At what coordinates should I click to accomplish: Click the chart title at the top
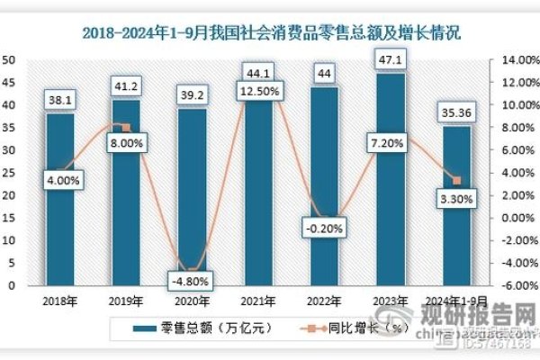271,33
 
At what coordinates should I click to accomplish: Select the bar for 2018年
60,207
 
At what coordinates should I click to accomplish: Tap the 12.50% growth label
258,91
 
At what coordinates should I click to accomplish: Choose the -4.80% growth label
191,279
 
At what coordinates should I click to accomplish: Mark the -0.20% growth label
324,228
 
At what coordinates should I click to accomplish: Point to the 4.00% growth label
60,180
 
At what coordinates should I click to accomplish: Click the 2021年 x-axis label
258,303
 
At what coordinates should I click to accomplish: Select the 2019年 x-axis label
126,303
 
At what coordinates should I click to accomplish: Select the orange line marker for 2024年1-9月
457,181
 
